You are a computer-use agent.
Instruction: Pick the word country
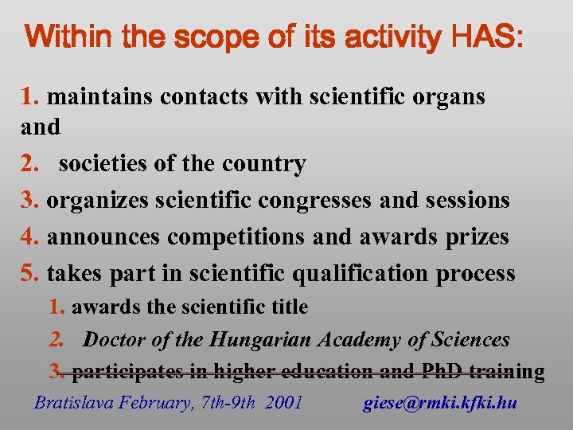pos(267,164)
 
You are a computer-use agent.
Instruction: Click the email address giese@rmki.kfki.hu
pos(440,403)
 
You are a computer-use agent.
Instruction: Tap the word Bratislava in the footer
pos(74,403)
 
